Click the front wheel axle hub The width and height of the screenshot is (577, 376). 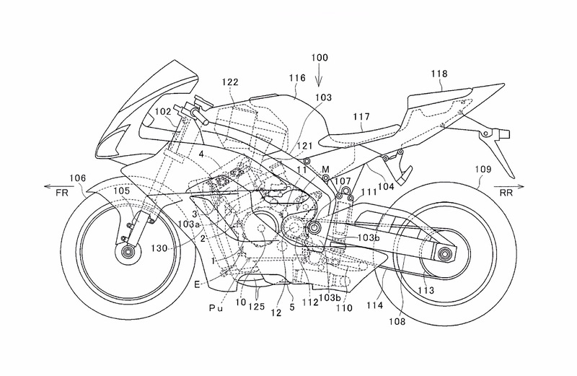[129, 253]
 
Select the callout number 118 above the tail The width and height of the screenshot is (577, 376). [439, 74]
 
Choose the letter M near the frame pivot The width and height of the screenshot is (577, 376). [326, 169]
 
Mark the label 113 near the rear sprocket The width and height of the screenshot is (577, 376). [428, 292]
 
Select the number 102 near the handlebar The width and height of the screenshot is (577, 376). [162, 112]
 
